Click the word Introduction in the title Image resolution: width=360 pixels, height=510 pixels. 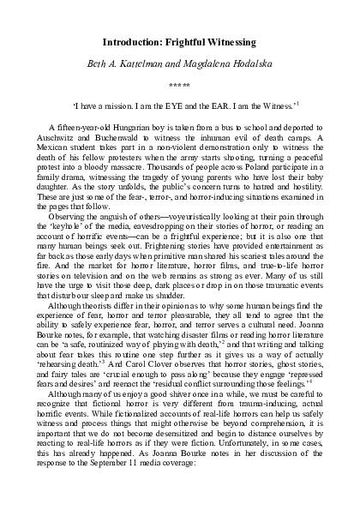click(x=131, y=41)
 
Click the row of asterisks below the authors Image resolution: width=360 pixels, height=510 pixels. click(x=180, y=86)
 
